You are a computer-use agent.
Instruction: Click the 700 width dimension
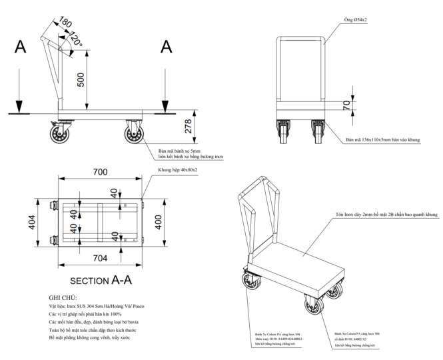click(99, 173)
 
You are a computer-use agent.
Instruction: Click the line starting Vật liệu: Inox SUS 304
click(96, 306)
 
